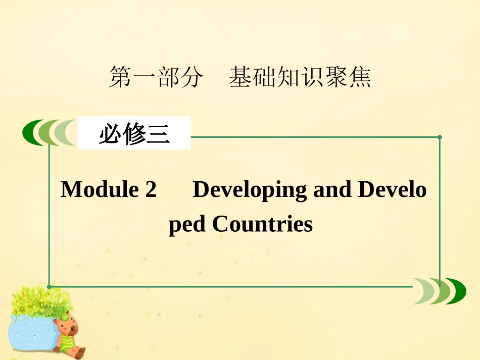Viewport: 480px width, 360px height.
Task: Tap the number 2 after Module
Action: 151,190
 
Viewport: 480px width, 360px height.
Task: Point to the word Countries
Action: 262,224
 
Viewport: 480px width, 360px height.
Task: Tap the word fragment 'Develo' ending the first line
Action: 393,190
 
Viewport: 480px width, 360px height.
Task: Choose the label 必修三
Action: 134,134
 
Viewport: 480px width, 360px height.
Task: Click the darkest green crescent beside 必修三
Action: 31,133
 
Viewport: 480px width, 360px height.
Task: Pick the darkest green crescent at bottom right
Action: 457,291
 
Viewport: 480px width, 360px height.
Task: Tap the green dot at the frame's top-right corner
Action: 440,137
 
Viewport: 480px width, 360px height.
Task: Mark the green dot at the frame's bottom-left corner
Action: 49,286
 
